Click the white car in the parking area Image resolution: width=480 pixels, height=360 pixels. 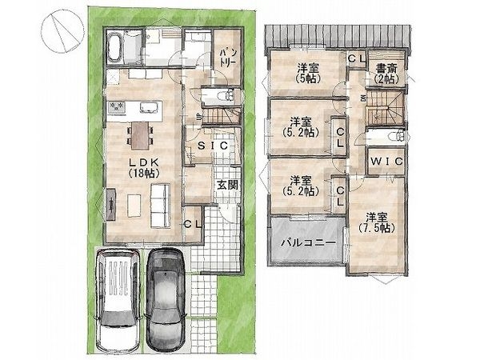[x=118, y=301]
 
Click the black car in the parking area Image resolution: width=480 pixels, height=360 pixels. [x=166, y=301]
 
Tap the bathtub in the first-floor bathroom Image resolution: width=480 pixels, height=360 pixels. [x=114, y=47]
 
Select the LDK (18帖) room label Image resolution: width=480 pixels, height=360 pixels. [x=143, y=168]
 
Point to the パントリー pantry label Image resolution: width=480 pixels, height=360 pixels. [x=227, y=58]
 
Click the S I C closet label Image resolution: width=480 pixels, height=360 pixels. [x=213, y=146]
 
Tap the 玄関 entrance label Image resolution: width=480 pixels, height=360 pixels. [x=227, y=185]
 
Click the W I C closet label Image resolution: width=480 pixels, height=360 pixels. [x=386, y=161]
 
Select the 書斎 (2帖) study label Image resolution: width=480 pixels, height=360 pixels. [x=386, y=74]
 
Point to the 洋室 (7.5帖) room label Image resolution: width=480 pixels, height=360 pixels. [x=376, y=222]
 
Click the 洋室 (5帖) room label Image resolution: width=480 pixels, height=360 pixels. [x=308, y=73]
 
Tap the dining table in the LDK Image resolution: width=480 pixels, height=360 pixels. [x=141, y=135]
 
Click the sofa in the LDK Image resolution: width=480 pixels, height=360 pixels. [x=161, y=206]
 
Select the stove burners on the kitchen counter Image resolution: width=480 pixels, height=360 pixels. [x=116, y=107]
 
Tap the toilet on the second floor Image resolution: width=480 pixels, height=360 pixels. [x=397, y=136]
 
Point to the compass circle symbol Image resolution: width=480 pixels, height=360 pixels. [x=62, y=31]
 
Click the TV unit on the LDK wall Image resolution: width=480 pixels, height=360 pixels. [x=111, y=204]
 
